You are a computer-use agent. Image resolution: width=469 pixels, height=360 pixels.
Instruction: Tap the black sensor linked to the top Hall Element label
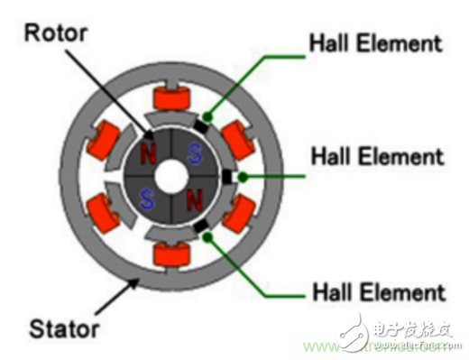tap(206, 118)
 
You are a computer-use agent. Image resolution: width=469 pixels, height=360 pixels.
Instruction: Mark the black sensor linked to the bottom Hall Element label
tap(205, 231)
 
